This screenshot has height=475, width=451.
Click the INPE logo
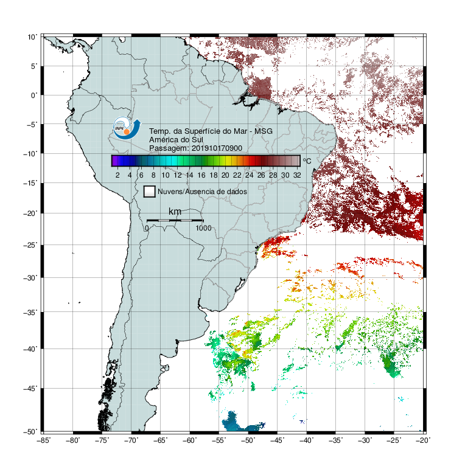point(127,128)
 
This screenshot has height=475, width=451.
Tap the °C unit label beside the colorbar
point(307,161)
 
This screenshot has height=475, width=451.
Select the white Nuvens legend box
point(150,192)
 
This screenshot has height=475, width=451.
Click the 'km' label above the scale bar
point(175,212)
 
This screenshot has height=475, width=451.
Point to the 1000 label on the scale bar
point(203,228)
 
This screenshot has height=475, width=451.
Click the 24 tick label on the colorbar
point(249,175)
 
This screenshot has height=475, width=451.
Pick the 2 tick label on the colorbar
point(117,175)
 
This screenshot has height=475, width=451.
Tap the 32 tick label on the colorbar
point(297,175)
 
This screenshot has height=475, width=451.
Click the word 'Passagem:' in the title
point(169,148)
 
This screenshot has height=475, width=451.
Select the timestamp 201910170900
point(217,148)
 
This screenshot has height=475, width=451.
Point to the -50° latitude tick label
point(30,432)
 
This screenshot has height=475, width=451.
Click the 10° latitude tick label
point(32,37)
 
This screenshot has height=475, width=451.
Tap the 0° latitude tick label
point(33,95)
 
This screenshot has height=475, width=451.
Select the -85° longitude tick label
point(43,440)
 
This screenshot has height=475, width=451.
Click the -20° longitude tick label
point(423,440)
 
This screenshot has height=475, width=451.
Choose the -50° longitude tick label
point(248,440)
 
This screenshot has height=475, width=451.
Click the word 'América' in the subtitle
point(163,140)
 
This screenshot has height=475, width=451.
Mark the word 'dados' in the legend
point(237,192)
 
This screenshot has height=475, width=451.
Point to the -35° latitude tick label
point(30,312)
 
